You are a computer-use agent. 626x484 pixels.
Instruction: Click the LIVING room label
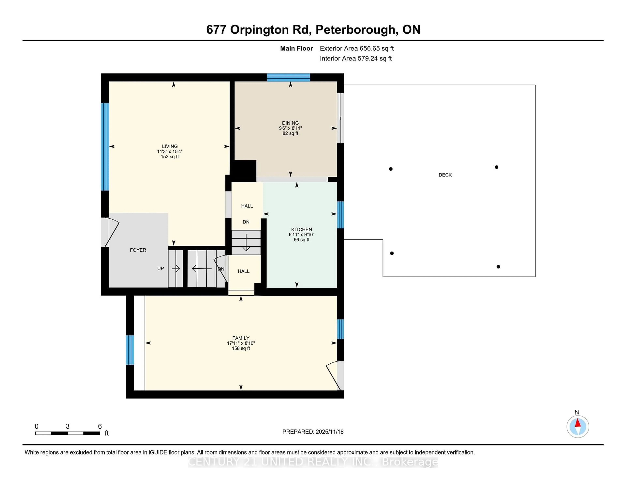(x=170, y=146)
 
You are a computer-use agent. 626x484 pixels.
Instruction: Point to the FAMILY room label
(x=241, y=338)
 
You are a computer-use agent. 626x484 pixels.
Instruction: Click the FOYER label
(x=138, y=250)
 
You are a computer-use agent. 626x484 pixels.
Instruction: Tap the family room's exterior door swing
(x=333, y=376)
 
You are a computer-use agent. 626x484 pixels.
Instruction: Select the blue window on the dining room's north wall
(x=288, y=77)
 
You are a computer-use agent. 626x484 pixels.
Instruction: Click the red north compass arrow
(x=578, y=423)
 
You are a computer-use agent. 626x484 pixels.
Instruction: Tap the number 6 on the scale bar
(x=100, y=426)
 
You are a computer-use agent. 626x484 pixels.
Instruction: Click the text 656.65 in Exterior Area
(x=369, y=48)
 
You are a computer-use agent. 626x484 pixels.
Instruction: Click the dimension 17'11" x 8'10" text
(x=241, y=343)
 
